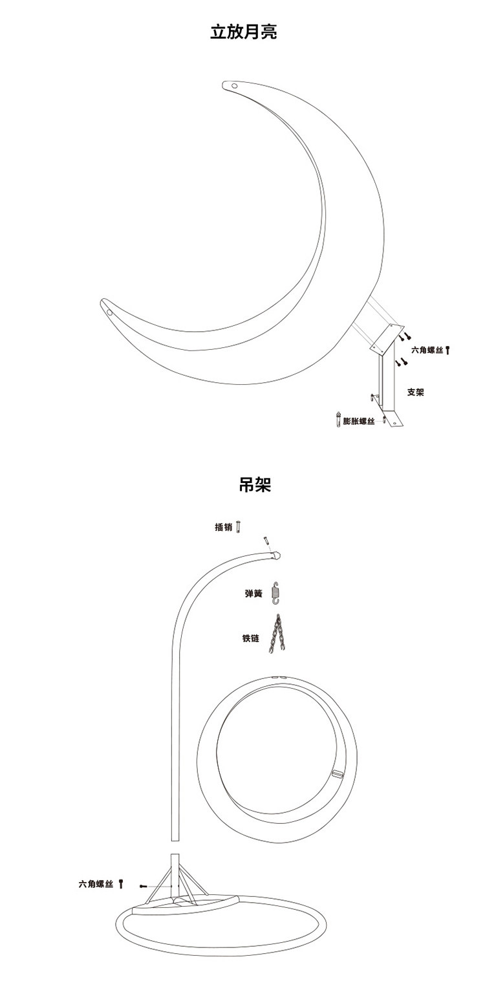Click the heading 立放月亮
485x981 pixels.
(x=243, y=32)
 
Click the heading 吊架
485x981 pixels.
(x=255, y=485)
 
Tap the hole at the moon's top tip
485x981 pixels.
(x=234, y=85)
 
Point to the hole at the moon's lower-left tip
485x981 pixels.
(x=109, y=312)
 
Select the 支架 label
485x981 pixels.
(x=415, y=392)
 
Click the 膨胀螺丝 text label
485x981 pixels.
(x=359, y=421)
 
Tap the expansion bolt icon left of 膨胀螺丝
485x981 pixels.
(x=337, y=419)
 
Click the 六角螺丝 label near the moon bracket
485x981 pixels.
(x=427, y=350)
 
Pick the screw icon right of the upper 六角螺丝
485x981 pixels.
(x=447, y=350)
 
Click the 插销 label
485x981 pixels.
(x=224, y=526)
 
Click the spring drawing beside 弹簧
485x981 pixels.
(x=276, y=592)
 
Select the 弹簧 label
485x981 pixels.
(x=253, y=592)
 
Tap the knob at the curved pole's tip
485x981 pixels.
(x=276, y=554)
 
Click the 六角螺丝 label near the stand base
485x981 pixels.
(x=96, y=883)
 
